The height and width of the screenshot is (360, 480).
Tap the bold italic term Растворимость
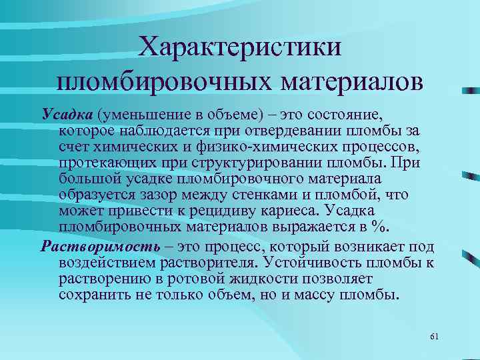point(101,246)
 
